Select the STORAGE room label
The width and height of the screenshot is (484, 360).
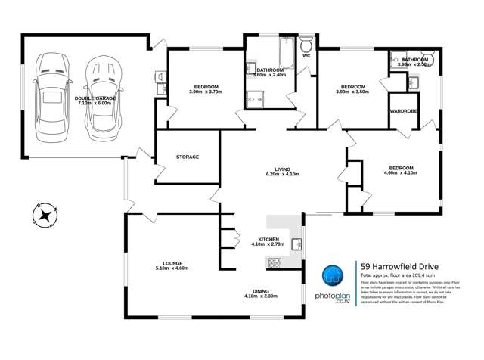tap(188, 157)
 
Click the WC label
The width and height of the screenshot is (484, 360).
tap(306, 56)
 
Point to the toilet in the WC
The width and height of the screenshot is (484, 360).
tap(306, 42)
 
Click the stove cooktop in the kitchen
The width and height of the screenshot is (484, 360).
tap(273, 263)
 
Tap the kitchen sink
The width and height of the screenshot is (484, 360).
tap(297, 244)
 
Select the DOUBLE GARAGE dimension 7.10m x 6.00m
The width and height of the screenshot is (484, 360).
tap(96, 103)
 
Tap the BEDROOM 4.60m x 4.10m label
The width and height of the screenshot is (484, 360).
tap(401, 170)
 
